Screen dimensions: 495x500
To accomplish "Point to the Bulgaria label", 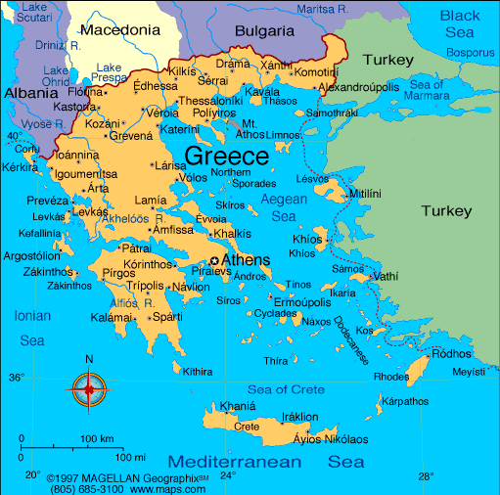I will [264, 30].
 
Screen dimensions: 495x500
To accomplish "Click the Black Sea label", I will [460, 23].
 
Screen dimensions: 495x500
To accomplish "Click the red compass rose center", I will [89, 390].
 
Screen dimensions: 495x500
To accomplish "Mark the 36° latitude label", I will [16, 377].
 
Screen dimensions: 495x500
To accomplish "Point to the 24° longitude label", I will [228, 476].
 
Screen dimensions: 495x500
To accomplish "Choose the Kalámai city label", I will [110, 317].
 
